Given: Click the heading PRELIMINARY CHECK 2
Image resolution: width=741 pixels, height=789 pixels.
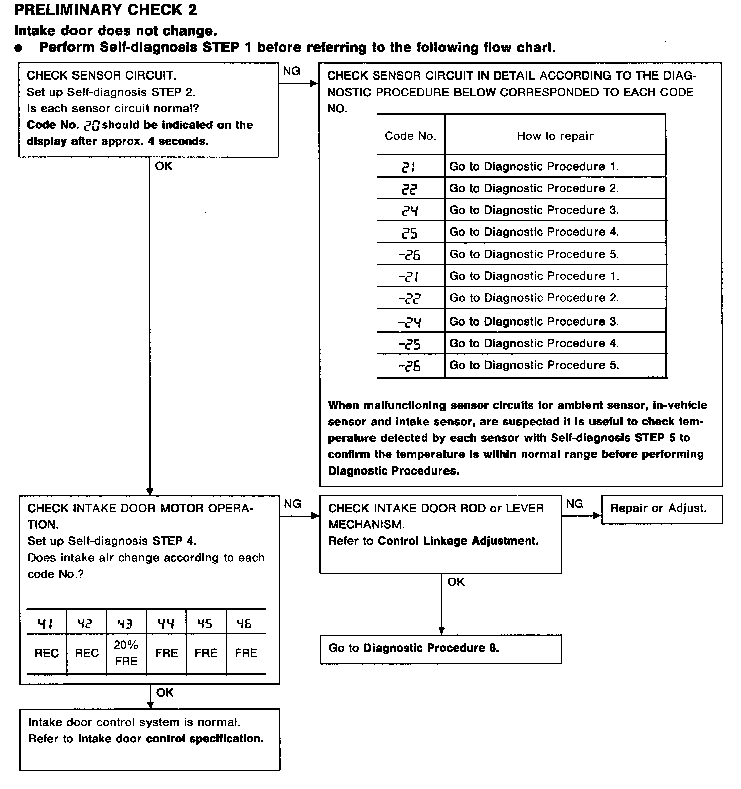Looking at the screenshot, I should click(x=106, y=10).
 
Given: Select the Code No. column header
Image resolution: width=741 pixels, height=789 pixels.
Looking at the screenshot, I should click(x=410, y=136).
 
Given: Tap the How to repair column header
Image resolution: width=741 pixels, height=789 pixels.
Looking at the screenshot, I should click(x=555, y=136).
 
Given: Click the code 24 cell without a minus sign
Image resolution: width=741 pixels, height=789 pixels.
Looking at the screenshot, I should click(x=410, y=210).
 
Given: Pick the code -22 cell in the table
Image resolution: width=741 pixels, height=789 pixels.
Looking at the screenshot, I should click(x=410, y=298).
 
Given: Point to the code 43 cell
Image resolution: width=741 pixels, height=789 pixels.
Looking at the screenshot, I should click(x=126, y=624).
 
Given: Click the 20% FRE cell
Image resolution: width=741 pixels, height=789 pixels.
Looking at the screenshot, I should click(x=126, y=653).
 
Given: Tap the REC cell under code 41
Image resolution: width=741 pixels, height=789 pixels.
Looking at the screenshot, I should click(x=47, y=653).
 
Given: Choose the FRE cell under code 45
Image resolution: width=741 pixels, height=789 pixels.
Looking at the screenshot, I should click(x=205, y=653).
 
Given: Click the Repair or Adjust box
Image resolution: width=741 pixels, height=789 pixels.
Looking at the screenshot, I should click(x=661, y=509).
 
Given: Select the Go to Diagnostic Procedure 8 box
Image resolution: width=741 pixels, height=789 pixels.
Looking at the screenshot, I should click(x=440, y=649).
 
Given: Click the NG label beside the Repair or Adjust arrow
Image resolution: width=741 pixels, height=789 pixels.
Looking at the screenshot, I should click(x=574, y=503).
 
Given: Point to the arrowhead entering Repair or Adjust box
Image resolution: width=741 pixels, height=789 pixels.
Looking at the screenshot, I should click(x=598, y=515).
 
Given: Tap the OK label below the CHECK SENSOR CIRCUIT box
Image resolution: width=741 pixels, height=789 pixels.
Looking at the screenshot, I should click(x=163, y=166).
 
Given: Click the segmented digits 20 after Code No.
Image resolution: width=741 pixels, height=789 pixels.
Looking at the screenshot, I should click(x=91, y=126).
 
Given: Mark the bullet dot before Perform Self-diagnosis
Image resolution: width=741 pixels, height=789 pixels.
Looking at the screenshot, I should click(x=19, y=48).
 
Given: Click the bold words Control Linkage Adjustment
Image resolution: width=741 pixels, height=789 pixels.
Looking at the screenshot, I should click(x=458, y=541).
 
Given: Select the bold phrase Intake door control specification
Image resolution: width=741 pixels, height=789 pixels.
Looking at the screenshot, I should click(x=171, y=739).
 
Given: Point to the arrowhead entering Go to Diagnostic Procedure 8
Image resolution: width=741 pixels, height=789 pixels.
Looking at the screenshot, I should click(x=442, y=631).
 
